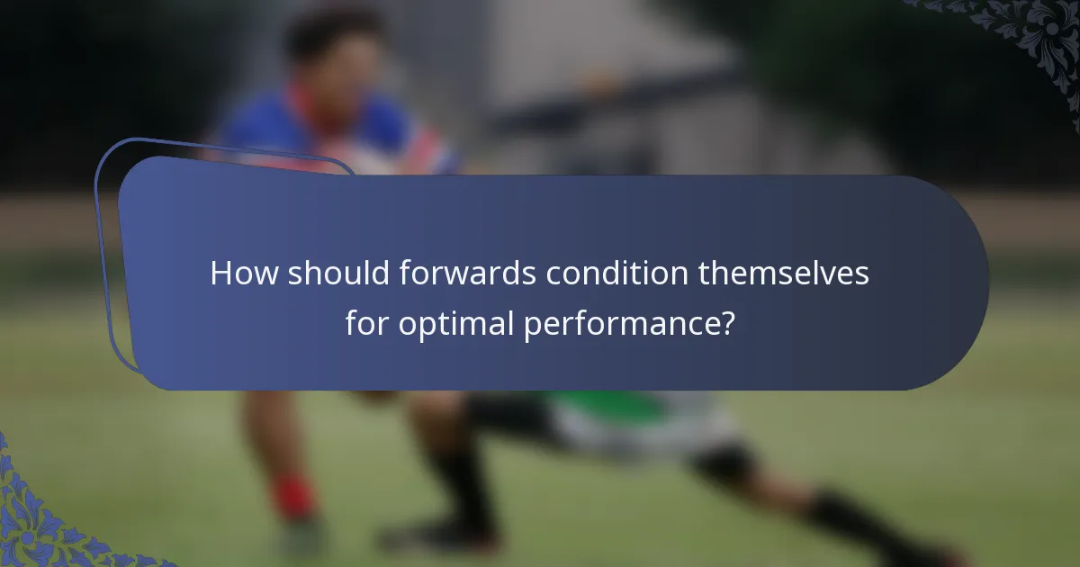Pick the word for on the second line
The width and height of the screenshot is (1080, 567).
[x=366, y=323]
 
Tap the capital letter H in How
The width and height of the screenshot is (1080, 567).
[x=220, y=274]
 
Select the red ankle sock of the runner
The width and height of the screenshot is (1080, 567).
[x=293, y=498]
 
